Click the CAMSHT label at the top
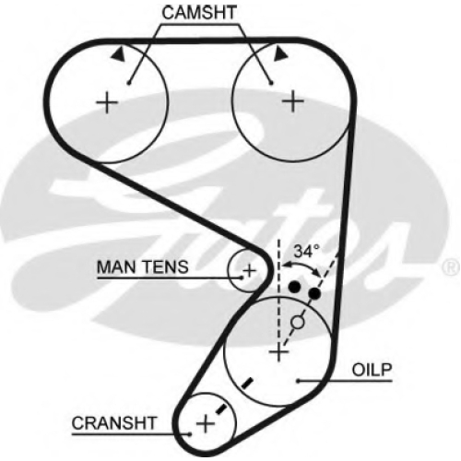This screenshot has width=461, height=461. (199, 13)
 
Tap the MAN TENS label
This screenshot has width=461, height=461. (142, 266)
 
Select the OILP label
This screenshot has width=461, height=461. (372, 370)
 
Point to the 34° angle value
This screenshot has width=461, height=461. (307, 251)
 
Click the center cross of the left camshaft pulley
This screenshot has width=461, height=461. (107, 102)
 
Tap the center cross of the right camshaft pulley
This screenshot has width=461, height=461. (293, 101)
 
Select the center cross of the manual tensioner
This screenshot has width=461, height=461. (249, 271)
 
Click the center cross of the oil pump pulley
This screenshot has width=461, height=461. (278, 351)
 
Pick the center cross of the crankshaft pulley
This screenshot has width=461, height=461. (206, 424)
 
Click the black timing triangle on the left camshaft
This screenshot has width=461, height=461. (119, 54)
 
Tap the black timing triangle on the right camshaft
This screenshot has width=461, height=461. (280, 53)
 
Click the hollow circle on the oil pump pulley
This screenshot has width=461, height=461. (298, 322)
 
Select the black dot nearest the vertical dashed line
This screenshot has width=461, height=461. (294, 287)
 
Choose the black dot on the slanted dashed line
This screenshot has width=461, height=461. (314, 294)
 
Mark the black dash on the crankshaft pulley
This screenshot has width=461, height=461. (221, 409)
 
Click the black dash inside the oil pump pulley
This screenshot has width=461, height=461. (247, 383)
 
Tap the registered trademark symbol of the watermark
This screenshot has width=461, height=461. (451, 267)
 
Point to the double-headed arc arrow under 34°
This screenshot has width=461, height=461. (301, 265)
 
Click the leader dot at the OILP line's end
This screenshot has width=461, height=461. (299, 381)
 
